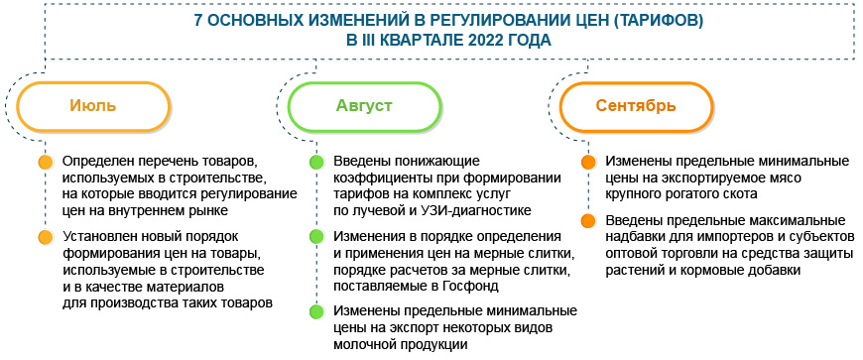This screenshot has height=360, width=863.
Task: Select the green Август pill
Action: (x=365, y=106)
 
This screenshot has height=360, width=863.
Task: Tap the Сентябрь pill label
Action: (x=636, y=106)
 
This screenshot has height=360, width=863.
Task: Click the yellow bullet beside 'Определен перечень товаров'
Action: (x=45, y=162)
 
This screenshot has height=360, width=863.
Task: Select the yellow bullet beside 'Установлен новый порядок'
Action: (x=45, y=237)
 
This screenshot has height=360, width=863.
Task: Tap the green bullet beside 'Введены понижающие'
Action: (x=315, y=162)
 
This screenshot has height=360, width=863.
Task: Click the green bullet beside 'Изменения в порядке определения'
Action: (x=315, y=237)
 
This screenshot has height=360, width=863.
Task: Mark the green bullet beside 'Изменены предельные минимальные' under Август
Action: (x=315, y=311)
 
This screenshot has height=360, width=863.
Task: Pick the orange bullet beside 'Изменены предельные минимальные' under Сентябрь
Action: (x=587, y=162)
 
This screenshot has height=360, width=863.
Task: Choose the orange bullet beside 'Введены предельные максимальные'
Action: (x=587, y=220)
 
